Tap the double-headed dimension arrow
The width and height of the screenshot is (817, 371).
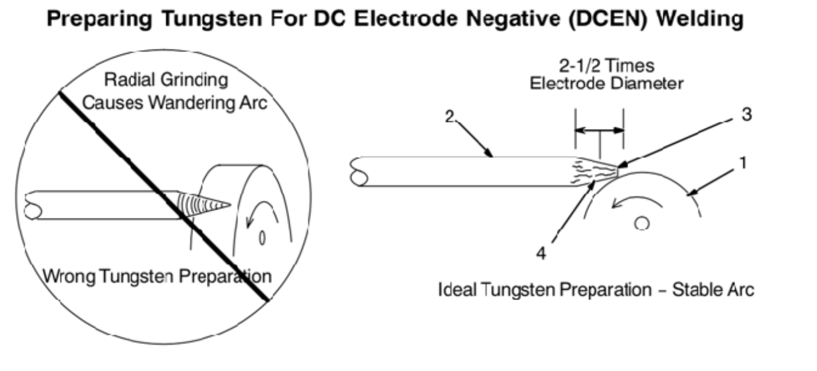[599, 130]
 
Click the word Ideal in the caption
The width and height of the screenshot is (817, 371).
[453, 288]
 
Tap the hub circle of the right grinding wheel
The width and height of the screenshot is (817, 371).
[642, 224]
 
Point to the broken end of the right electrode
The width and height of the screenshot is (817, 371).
[358, 172]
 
